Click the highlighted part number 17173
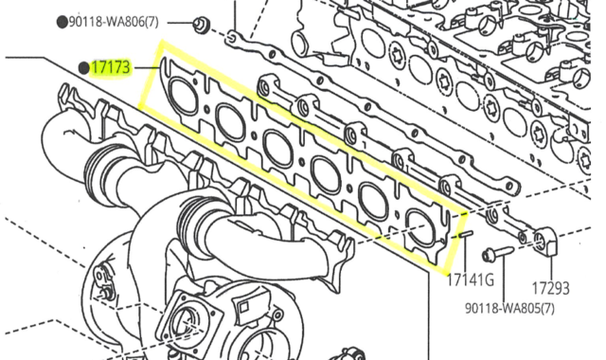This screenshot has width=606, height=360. (111, 68)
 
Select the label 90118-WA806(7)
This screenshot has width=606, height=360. (114, 22)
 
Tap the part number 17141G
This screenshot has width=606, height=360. (471, 280)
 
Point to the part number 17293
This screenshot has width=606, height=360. (551, 288)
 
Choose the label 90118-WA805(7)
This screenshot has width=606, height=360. (509, 308)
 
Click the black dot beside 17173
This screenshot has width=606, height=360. (83, 68)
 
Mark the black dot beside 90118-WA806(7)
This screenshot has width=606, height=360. (62, 23)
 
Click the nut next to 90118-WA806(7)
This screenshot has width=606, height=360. (201, 25)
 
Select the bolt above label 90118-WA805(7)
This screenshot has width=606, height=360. (497, 253)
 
